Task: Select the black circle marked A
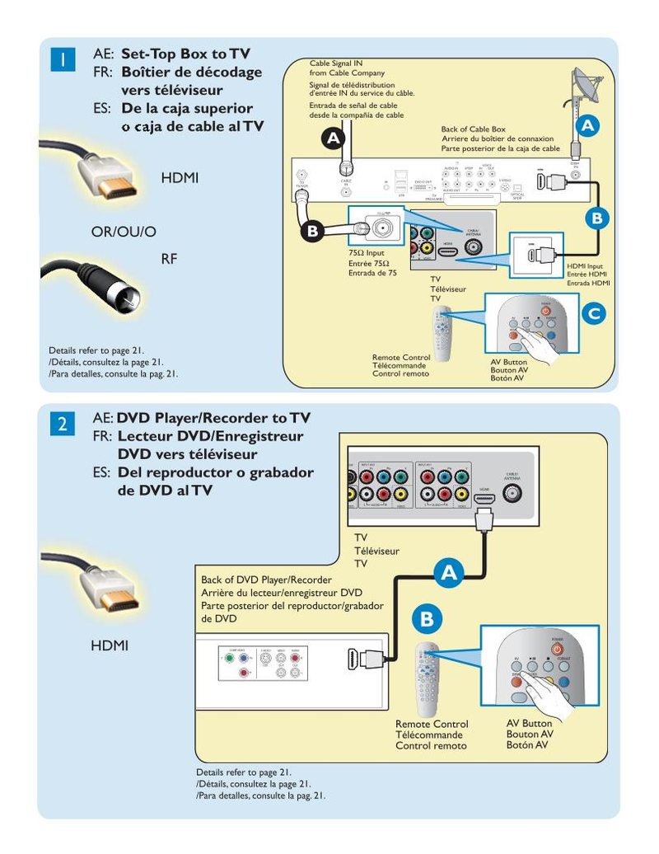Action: [x=333, y=139]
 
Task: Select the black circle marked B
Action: [x=311, y=232]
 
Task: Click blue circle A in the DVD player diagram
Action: [x=449, y=574]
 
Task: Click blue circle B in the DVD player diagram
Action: [x=426, y=618]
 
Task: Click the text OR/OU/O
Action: [x=124, y=232]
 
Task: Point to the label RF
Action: [x=169, y=259]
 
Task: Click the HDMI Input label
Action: [x=585, y=266]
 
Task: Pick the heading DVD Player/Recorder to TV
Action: [x=213, y=417]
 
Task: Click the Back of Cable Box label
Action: [x=473, y=129]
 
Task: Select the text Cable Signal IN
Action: [x=335, y=63]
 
